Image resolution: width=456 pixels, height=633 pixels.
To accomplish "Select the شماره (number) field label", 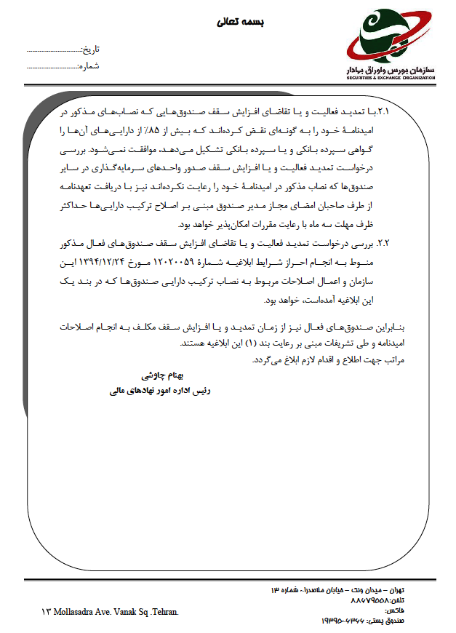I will [x=89, y=66].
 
